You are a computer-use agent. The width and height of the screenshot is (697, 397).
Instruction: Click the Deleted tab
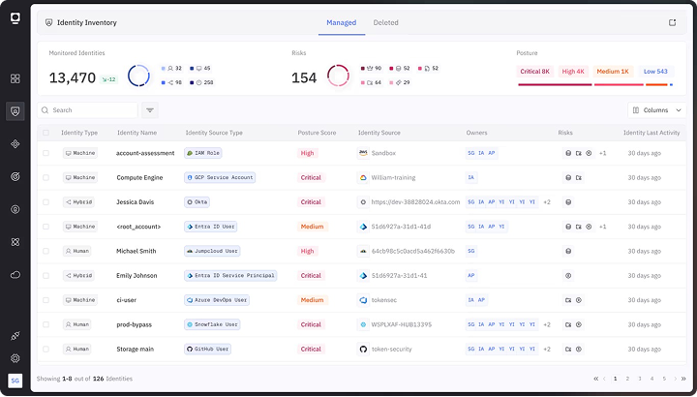(385, 22)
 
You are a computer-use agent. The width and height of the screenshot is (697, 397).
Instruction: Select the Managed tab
(341, 22)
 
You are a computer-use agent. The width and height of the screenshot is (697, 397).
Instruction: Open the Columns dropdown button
(657, 110)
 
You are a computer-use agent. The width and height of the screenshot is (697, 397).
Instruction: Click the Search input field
(87, 110)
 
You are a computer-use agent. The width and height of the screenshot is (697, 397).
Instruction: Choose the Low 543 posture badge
(655, 71)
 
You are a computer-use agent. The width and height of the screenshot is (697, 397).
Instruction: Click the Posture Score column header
(317, 133)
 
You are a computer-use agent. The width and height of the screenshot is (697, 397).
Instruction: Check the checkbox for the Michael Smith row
(45, 251)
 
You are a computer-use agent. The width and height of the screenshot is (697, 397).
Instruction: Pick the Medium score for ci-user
(312, 300)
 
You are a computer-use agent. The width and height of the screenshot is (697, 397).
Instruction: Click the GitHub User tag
(209, 349)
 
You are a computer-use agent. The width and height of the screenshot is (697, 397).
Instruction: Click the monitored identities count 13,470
(73, 77)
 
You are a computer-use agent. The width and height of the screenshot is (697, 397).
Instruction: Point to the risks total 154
(304, 77)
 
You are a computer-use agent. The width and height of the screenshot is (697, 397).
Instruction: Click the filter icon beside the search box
(150, 110)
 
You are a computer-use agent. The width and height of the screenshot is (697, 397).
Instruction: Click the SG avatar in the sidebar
(15, 381)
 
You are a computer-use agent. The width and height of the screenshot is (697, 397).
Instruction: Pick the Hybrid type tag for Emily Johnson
(80, 275)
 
